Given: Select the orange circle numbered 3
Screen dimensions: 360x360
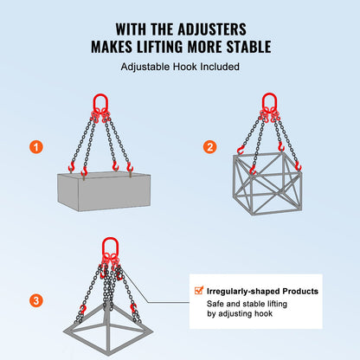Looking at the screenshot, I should click(x=35, y=301).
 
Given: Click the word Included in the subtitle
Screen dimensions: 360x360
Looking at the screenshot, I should click(x=213, y=66).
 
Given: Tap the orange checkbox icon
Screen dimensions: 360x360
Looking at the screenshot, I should click(x=197, y=291).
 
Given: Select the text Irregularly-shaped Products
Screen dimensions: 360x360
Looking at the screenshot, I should click(x=262, y=291).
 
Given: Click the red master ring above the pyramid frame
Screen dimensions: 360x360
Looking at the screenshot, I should click(x=110, y=245).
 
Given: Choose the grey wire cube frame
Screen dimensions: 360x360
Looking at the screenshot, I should click(x=267, y=185).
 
